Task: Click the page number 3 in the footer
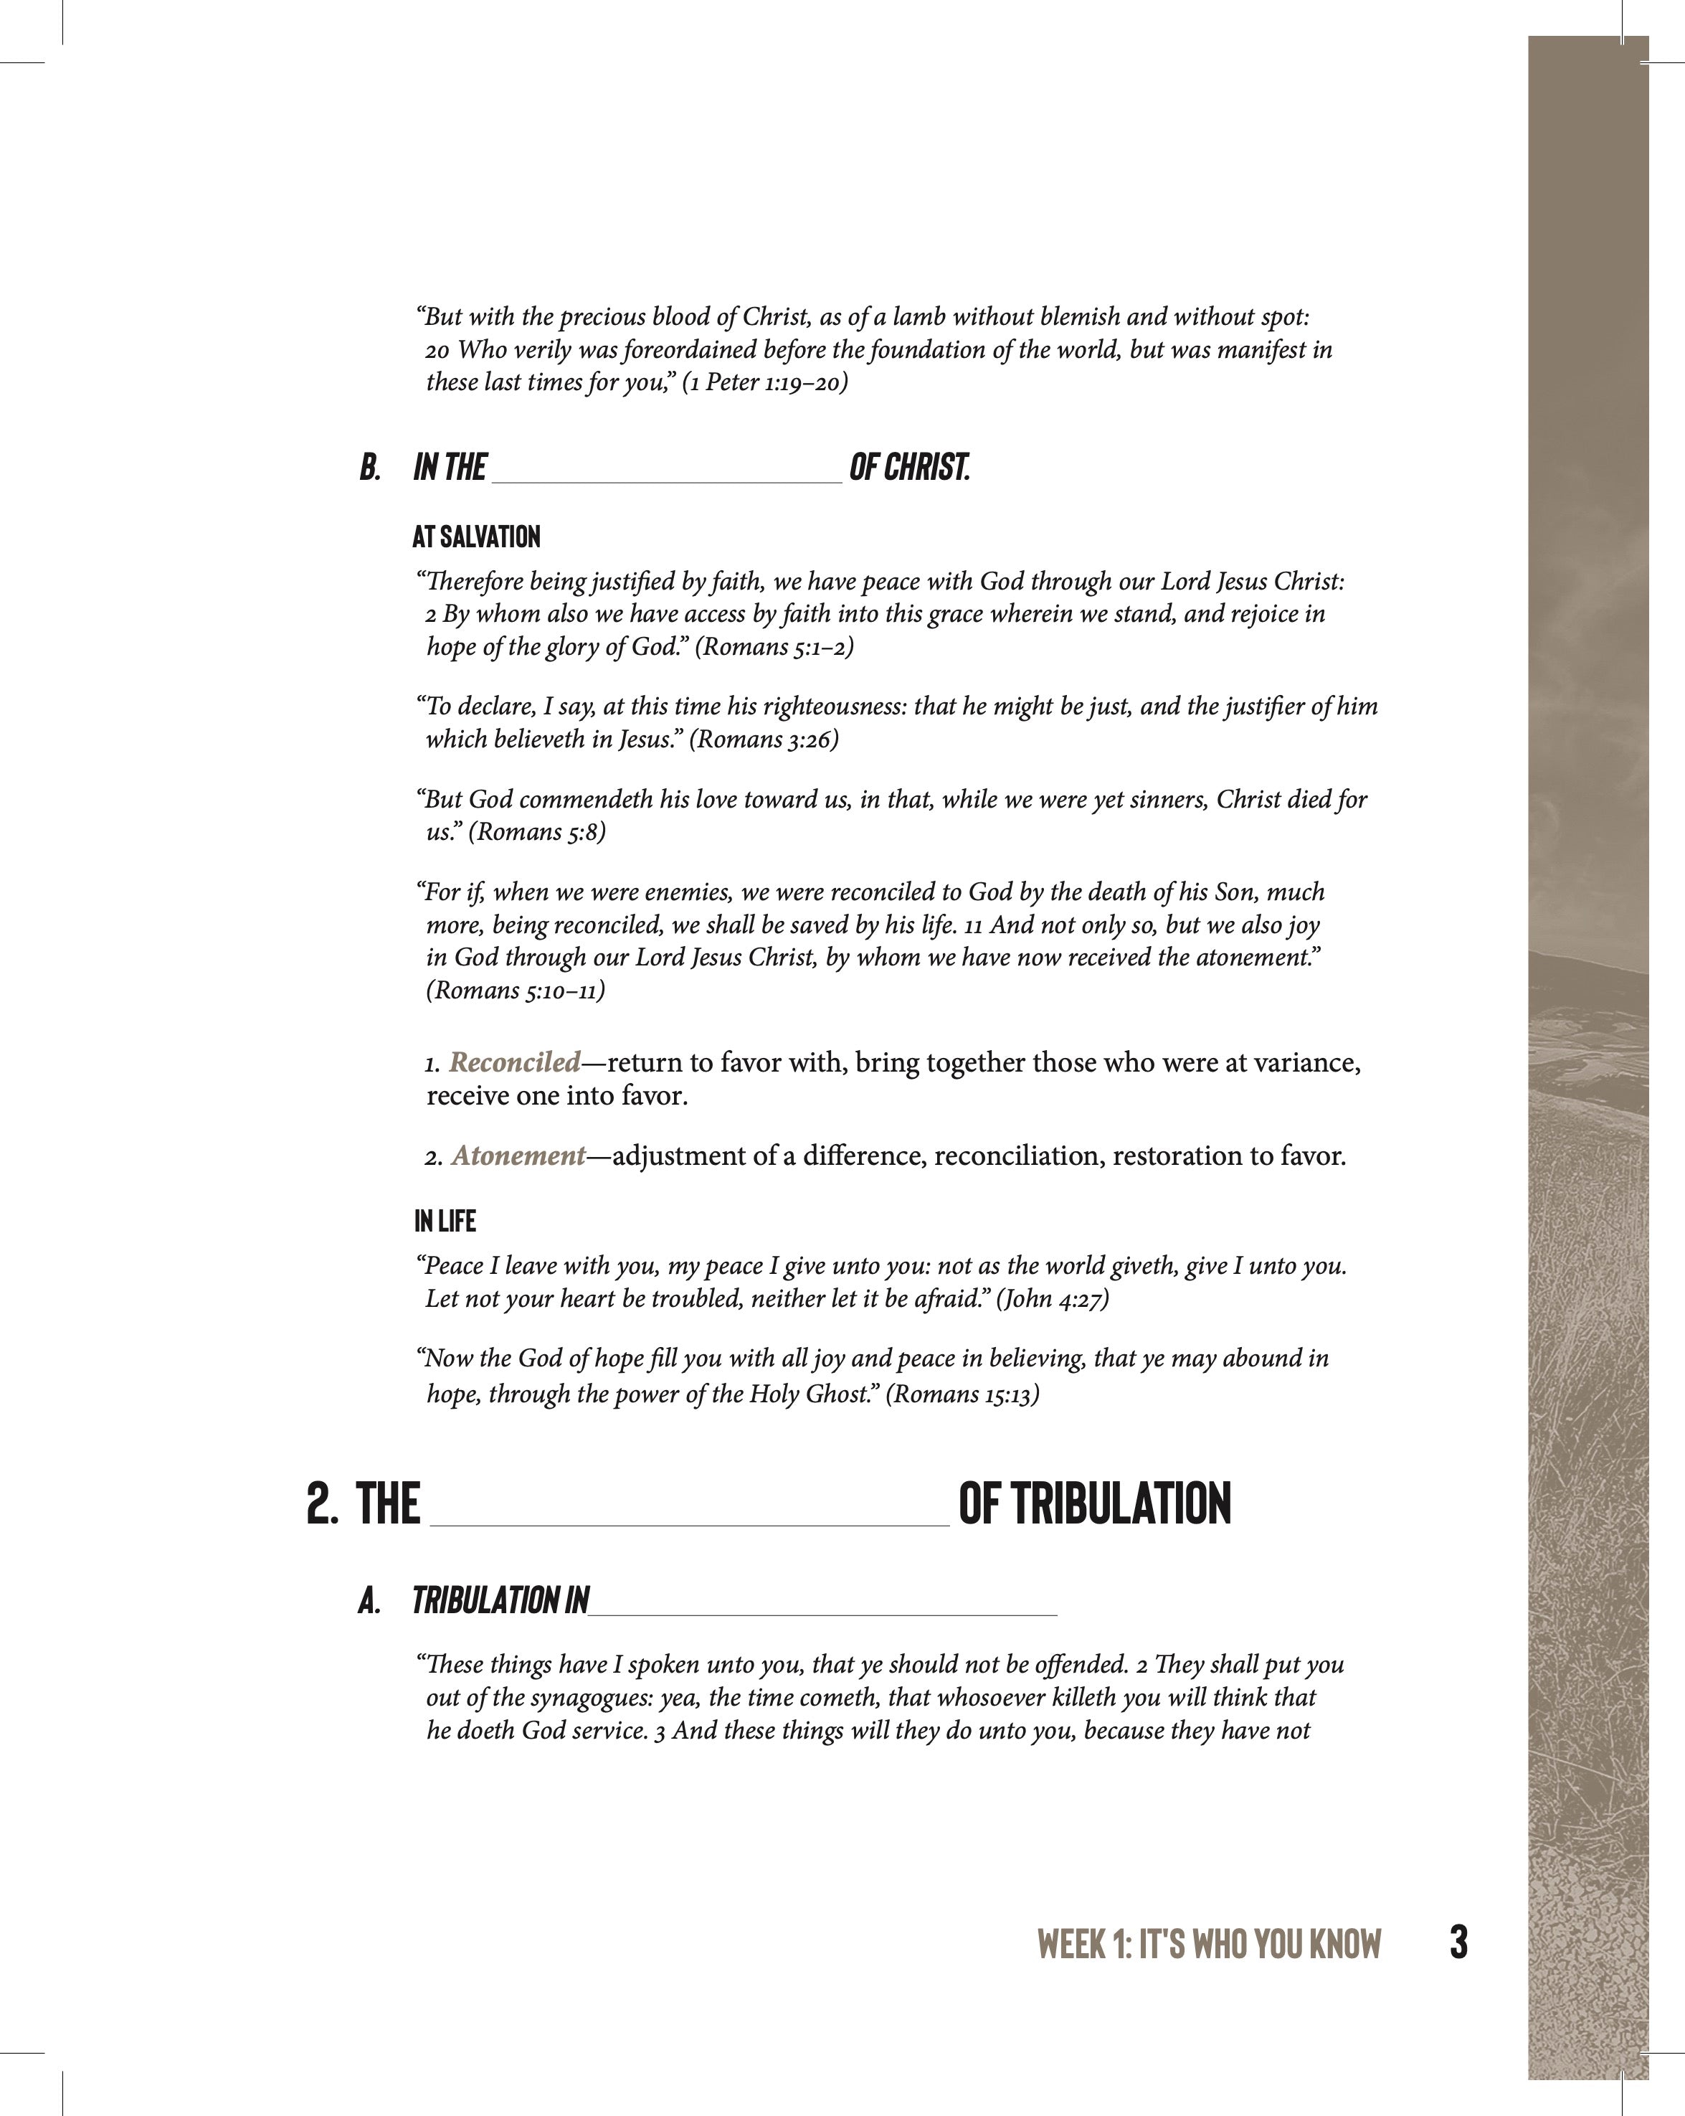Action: pyautogui.click(x=1458, y=1942)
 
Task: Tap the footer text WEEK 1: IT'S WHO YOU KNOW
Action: pyautogui.click(x=1208, y=1945)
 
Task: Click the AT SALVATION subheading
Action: pyautogui.click(x=476, y=537)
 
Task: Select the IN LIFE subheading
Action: pyautogui.click(x=445, y=1221)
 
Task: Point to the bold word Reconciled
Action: pyautogui.click(x=516, y=1062)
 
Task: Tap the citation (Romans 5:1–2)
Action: pyautogui.click(x=774, y=647)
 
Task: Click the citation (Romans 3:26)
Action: pyautogui.click(x=764, y=739)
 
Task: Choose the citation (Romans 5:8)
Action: pyautogui.click(x=537, y=832)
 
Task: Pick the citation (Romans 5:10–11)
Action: pyautogui.click(x=516, y=991)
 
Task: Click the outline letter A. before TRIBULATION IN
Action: pyautogui.click(x=369, y=1601)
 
